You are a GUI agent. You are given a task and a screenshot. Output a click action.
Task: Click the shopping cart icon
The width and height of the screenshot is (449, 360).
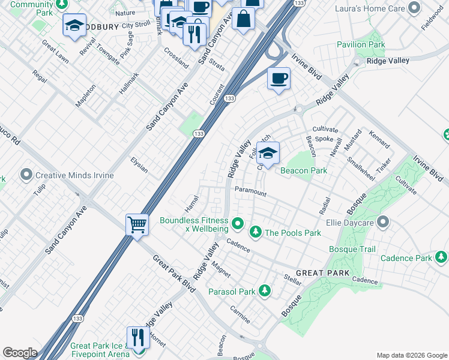[x=137, y=226]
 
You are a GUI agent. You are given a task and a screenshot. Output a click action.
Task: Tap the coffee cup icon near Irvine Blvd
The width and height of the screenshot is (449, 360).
[x=279, y=79]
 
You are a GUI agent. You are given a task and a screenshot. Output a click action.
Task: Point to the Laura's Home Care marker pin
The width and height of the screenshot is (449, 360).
[x=414, y=8]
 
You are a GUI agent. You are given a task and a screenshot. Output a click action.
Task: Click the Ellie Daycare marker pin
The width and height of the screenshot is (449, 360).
[x=383, y=223]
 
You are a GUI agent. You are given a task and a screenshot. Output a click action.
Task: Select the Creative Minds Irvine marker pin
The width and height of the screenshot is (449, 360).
[x=26, y=175]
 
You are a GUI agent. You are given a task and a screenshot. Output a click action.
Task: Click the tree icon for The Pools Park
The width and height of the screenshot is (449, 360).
[x=255, y=232]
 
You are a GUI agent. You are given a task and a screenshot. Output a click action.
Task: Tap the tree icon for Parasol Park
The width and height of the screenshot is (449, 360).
[x=265, y=292]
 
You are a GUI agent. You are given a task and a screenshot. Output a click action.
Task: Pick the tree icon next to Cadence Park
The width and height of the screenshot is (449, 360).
[x=441, y=257]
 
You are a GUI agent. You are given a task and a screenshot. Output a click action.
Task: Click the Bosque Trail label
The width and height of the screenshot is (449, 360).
[x=352, y=249]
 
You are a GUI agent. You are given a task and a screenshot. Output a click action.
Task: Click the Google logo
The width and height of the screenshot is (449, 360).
[x=19, y=353]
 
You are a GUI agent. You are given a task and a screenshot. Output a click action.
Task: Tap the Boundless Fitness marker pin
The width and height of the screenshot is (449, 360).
[x=238, y=224]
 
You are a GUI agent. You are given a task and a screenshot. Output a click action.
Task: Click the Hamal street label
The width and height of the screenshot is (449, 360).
[x=192, y=203]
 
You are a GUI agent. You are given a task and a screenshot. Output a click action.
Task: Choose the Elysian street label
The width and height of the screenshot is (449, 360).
[x=139, y=164]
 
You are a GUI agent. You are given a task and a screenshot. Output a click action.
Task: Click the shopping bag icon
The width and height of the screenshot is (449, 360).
[x=244, y=18]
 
